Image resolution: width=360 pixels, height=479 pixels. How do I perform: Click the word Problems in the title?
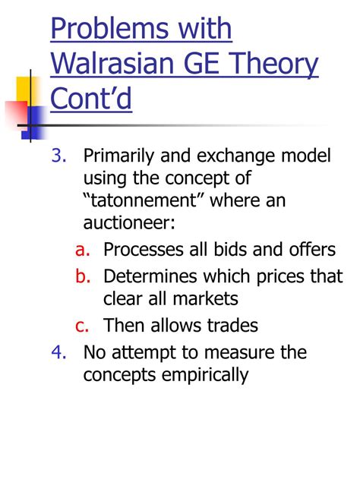click(x=109, y=28)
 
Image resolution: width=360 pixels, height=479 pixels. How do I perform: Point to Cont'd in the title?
click(x=91, y=98)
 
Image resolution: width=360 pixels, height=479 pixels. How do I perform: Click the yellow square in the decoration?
click(x=27, y=89)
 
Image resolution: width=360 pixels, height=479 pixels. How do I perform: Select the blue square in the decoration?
click(x=34, y=122)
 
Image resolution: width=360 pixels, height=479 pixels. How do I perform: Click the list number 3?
click(x=58, y=156)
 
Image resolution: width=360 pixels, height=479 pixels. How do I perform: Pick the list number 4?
click(x=58, y=352)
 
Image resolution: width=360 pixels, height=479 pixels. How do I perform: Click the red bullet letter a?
click(x=83, y=250)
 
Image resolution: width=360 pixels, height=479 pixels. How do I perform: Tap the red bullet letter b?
click(x=83, y=276)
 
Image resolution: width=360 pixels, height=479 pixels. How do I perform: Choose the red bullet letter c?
click(x=82, y=326)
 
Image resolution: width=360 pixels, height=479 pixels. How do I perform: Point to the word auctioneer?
click(x=129, y=222)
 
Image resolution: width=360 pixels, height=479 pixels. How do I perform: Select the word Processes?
click(x=144, y=249)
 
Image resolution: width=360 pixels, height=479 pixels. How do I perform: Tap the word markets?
click(x=205, y=298)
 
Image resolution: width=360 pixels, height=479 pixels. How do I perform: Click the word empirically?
click(x=205, y=376)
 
